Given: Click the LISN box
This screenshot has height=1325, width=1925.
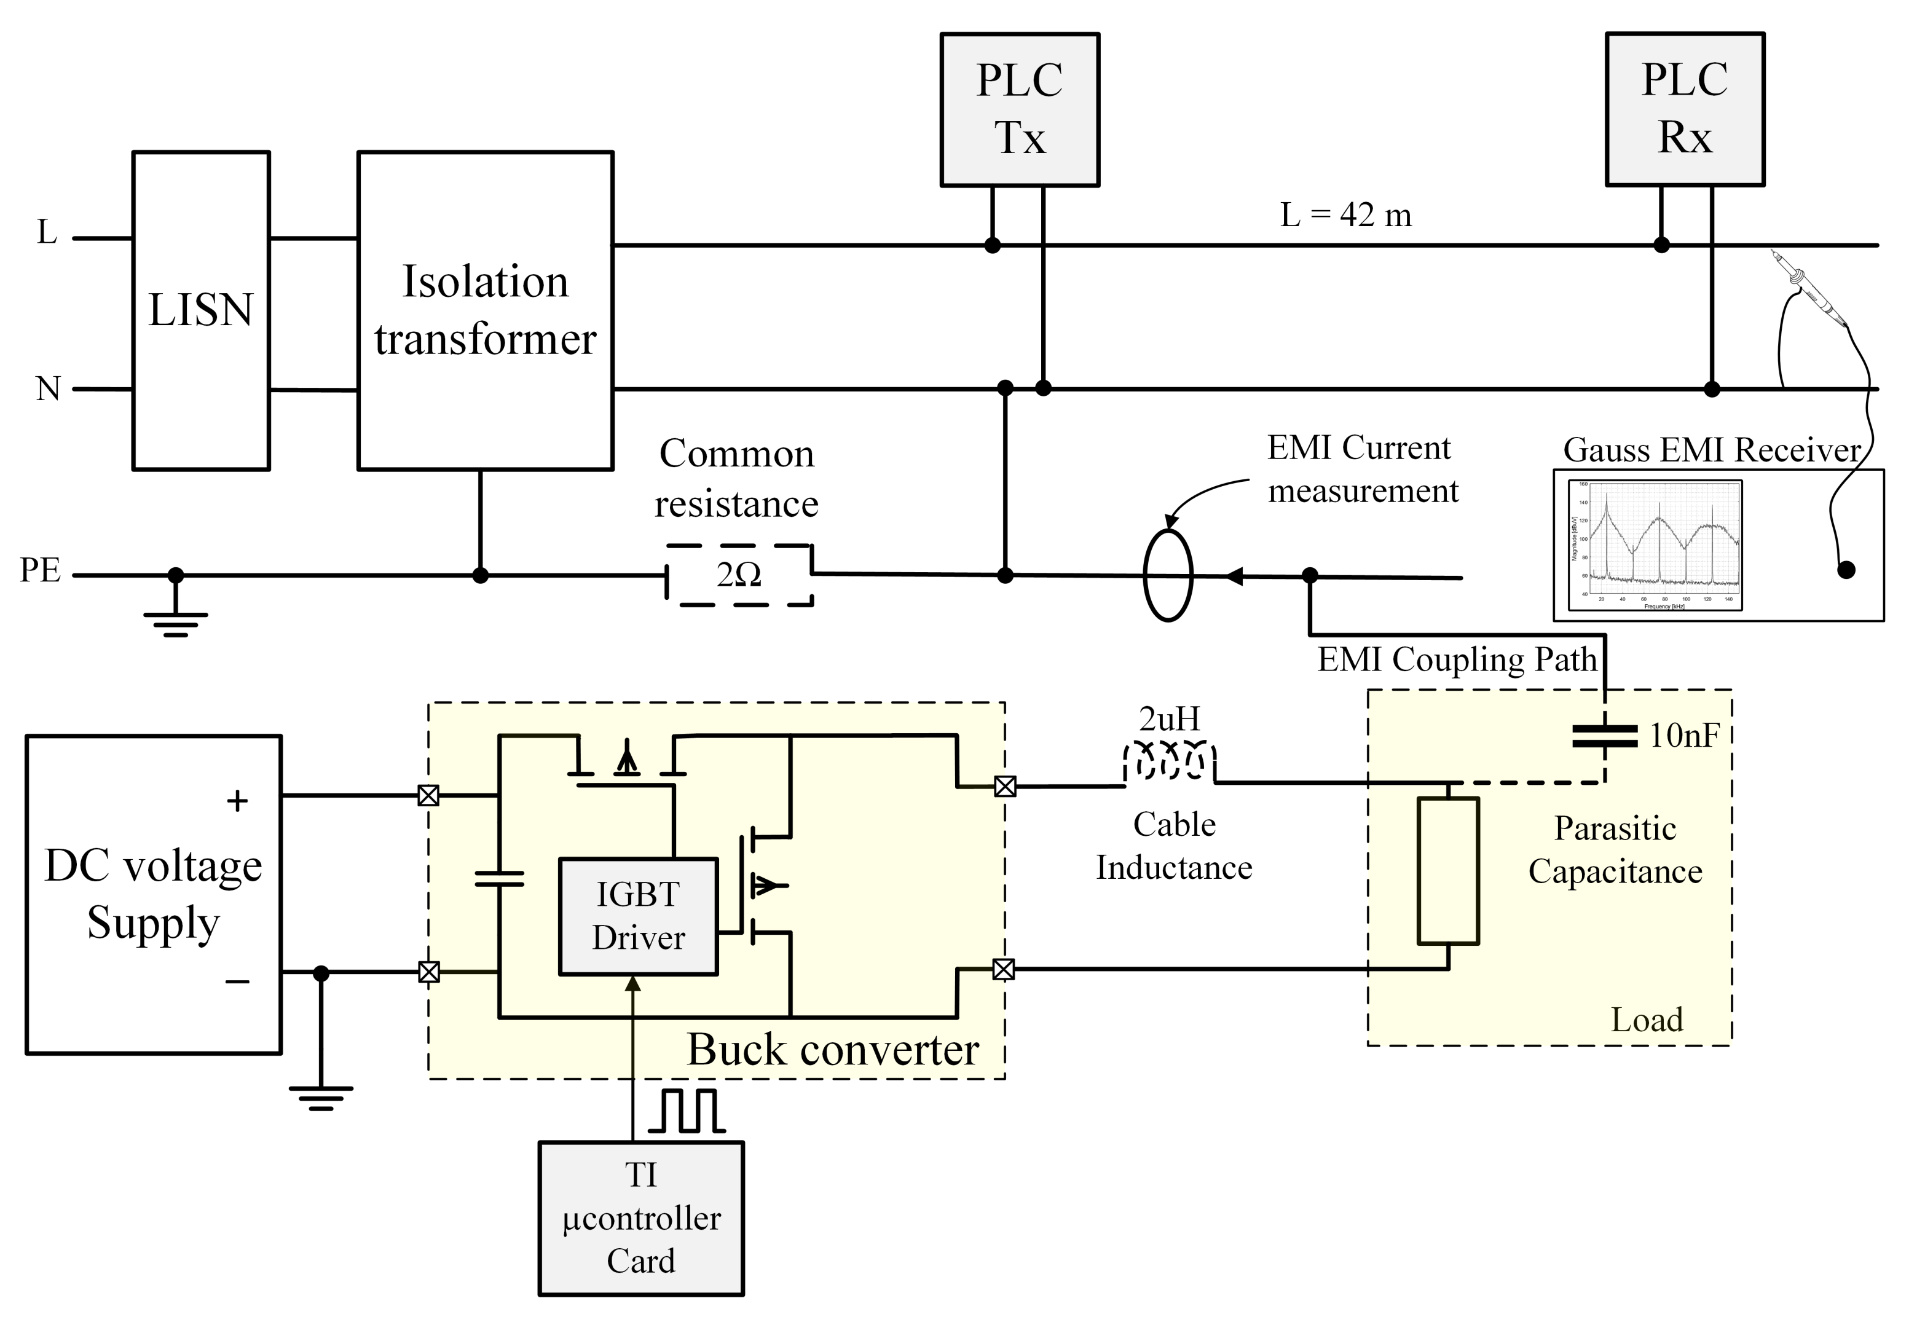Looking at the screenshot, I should tap(201, 310).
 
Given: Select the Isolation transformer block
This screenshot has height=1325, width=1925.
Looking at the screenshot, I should tap(485, 310).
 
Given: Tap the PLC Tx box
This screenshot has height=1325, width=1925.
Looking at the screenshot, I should tap(1020, 109).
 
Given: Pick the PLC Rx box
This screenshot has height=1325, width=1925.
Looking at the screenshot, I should tap(1684, 109).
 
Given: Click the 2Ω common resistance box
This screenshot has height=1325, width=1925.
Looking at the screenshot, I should tap(739, 575).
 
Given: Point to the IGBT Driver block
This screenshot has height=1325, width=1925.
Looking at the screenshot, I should tap(637, 916).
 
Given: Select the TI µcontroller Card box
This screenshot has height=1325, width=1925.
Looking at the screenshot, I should tap(641, 1218).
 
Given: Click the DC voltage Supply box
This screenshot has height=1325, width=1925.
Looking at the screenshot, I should tap(154, 894).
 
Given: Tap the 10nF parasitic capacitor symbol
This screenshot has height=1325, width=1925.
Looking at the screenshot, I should tap(1605, 736).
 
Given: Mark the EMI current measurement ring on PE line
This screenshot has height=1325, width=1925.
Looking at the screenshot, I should tap(1167, 575).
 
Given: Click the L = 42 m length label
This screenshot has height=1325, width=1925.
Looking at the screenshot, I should tap(1345, 215).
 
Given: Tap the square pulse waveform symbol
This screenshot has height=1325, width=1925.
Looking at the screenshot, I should tap(687, 1112).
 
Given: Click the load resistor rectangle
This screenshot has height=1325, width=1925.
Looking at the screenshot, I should tap(1447, 871).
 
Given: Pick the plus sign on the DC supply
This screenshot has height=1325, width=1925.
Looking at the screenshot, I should tap(237, 800).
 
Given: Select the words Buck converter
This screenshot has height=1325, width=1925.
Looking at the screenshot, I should tap(833, 1050).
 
